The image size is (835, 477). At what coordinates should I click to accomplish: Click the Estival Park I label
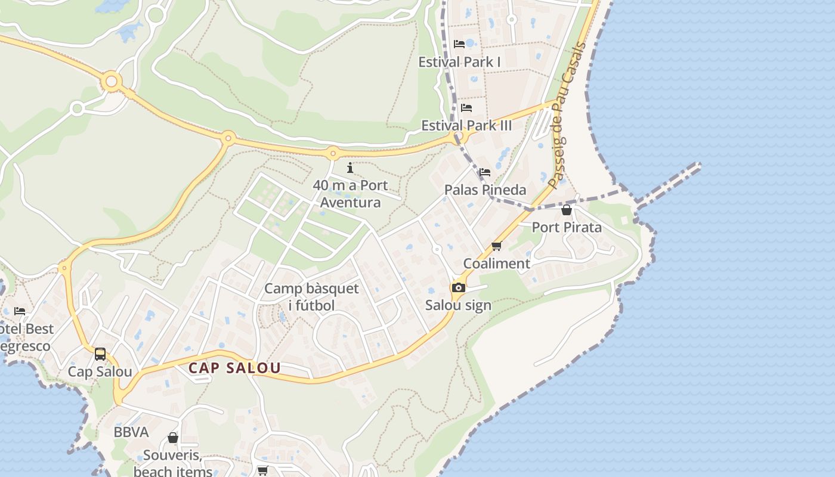(x=459, y=62)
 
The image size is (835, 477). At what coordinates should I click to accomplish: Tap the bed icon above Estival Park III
(x=466, y=108)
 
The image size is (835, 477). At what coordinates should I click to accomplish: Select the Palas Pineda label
(x=485, y=190)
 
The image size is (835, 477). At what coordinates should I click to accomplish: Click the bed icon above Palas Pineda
(x=484, y=172)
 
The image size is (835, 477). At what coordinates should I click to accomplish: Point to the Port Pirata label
(x=567, y=227)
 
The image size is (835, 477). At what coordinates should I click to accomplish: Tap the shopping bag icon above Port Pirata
(x=567, y=210)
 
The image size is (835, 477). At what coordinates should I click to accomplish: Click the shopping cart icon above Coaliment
(x=497, y=246)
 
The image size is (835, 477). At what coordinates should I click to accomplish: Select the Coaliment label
(x=497, y=264)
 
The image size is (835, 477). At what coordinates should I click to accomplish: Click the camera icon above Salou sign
(x=458, y=288)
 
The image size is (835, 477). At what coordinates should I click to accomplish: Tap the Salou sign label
(x=458, y=305)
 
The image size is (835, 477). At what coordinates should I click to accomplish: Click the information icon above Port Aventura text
(x=350, y=168)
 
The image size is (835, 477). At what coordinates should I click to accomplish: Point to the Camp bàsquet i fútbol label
(x=311, y=297)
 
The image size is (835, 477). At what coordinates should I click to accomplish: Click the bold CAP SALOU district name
(x=234, y=368)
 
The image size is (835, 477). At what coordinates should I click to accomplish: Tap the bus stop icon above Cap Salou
(x=100, y=354)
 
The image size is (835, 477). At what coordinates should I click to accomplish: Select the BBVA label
(x=131, y=432)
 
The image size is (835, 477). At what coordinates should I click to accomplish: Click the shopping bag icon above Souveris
(x=173, y=438)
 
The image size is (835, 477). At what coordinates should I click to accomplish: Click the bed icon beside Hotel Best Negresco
(x=20, y=311)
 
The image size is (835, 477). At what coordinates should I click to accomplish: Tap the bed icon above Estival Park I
(x=459, y=44)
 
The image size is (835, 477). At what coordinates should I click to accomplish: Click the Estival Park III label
(x=466, y=126)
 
